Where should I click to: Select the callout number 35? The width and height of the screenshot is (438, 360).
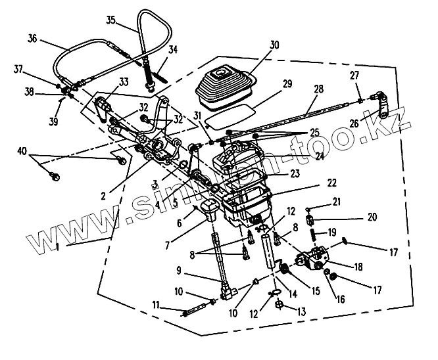pos(112,20)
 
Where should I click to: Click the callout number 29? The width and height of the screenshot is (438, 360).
pos(286,84)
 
